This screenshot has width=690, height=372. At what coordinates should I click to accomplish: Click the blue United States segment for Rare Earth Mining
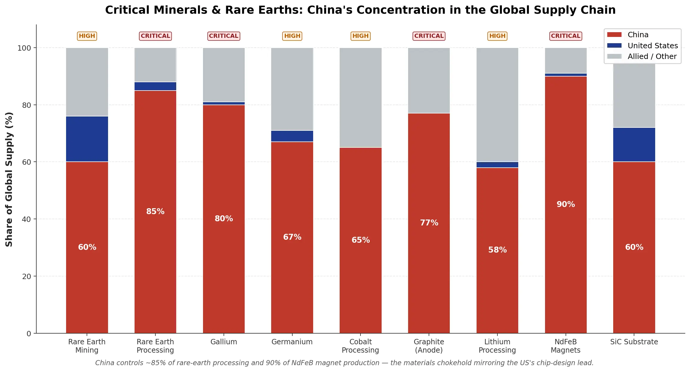87,139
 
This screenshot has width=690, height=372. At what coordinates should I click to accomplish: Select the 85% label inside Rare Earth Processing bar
155,211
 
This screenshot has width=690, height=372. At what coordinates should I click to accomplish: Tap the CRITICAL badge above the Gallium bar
224,36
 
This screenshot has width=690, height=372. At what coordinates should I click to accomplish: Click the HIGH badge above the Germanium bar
292,36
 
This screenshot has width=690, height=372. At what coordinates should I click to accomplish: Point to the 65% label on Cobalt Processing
360,240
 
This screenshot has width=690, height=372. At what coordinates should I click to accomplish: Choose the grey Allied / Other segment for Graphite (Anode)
429,80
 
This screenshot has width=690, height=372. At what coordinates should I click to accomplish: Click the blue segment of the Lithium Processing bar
497,165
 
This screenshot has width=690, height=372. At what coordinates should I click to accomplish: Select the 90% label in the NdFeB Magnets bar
566,204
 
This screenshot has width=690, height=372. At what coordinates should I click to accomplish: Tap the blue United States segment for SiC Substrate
634,145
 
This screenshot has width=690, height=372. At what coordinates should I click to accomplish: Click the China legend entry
638,35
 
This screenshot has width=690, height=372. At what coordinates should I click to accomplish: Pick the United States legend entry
652,46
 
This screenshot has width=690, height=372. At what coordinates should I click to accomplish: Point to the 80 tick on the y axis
26,105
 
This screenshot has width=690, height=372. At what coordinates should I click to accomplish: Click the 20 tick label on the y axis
26,276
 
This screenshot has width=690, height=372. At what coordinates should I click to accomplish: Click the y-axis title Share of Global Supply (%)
9,179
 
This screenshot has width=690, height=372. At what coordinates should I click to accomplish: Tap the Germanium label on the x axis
292,342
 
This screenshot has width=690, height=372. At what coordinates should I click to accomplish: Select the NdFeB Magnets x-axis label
566,346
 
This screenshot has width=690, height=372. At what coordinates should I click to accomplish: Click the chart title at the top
360,10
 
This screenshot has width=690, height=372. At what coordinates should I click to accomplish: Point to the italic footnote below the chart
344,363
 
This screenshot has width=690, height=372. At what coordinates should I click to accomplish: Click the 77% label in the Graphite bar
429,223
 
